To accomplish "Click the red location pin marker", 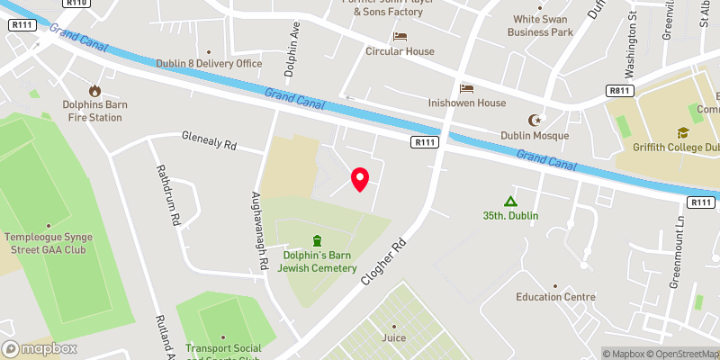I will tap(360, 179).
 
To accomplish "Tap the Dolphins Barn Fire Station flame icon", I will tap(94, 90).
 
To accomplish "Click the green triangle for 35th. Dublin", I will tap(510, 202).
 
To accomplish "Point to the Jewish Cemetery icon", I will tap(316, 240).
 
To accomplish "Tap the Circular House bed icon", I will tap(400, 36).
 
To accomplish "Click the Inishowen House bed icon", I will tap(466, 87).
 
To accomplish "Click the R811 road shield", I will tap(618, 91).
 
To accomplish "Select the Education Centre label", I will tap(555, 296).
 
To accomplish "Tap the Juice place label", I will tap(393, 337).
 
